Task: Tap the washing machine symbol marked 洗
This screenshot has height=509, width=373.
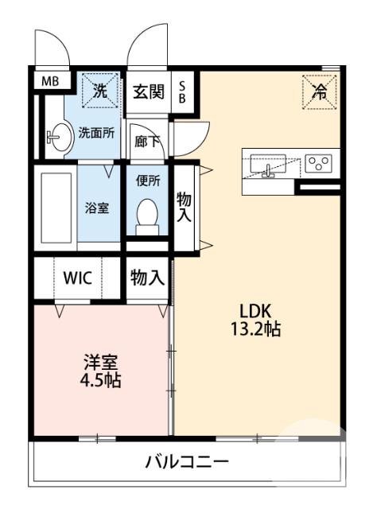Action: point(100,90)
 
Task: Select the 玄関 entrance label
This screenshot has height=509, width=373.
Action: point(148,91)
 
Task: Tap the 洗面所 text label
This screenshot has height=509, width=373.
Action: point(96,133)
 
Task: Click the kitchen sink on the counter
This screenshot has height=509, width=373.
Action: point(268,165)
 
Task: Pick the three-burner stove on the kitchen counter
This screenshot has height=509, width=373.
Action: point(318,163)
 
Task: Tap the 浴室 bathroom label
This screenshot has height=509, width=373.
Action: point(99,208)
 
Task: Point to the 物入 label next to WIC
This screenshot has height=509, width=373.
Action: point(147,278)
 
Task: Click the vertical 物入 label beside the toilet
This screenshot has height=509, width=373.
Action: point(184,208)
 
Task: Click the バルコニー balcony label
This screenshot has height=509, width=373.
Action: point(187,461)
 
